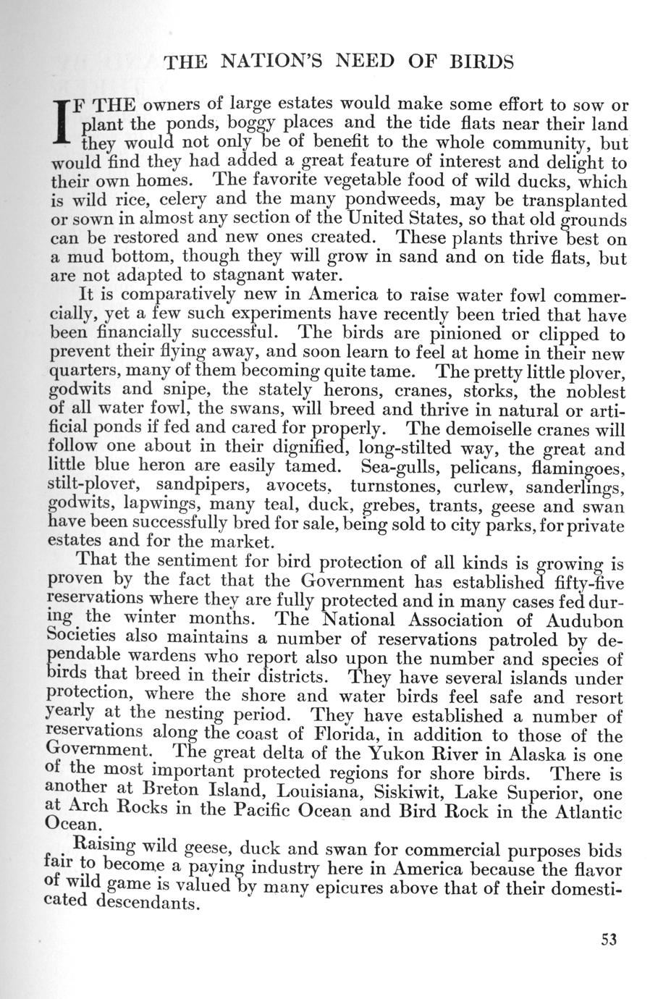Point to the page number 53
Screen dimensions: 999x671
(607, 940)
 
